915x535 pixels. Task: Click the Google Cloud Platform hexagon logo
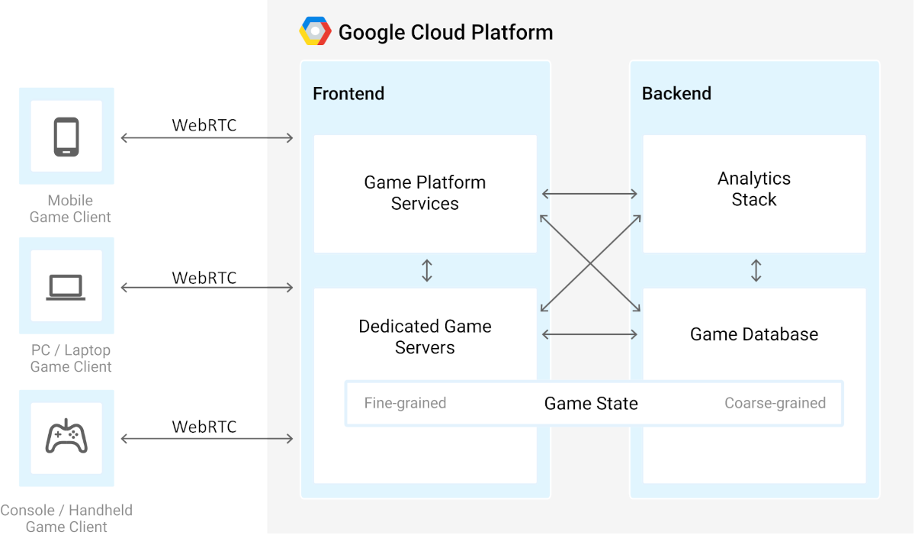tap(315, 32)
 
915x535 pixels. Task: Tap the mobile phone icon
tap(66, 137)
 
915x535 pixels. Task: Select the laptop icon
tap(66, 287)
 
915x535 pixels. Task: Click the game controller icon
tap(66, 437)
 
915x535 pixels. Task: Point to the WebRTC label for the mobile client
tap(204, 125)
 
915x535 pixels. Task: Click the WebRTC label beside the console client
tap(204, 427)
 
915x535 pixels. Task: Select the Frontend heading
tap(348, 94)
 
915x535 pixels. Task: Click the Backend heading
tap(676, 94)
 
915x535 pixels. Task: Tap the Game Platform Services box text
tap(425, 193)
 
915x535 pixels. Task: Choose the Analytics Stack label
tap(754, 189)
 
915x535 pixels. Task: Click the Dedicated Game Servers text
tap(425, 337)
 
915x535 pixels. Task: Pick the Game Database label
tap(754, 334)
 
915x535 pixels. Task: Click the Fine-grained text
tap(405, 403)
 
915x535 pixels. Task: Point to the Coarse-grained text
tap(775, 403)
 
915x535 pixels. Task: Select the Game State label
tap(591, 404)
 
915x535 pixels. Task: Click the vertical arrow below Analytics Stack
tap(756, 271)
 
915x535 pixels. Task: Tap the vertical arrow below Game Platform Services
tap(427, 271)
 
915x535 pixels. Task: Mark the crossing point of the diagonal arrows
tap(590, 264)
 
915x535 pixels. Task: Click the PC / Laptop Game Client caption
tap(71, 358)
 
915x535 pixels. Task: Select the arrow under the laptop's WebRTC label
tap(207, 288)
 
